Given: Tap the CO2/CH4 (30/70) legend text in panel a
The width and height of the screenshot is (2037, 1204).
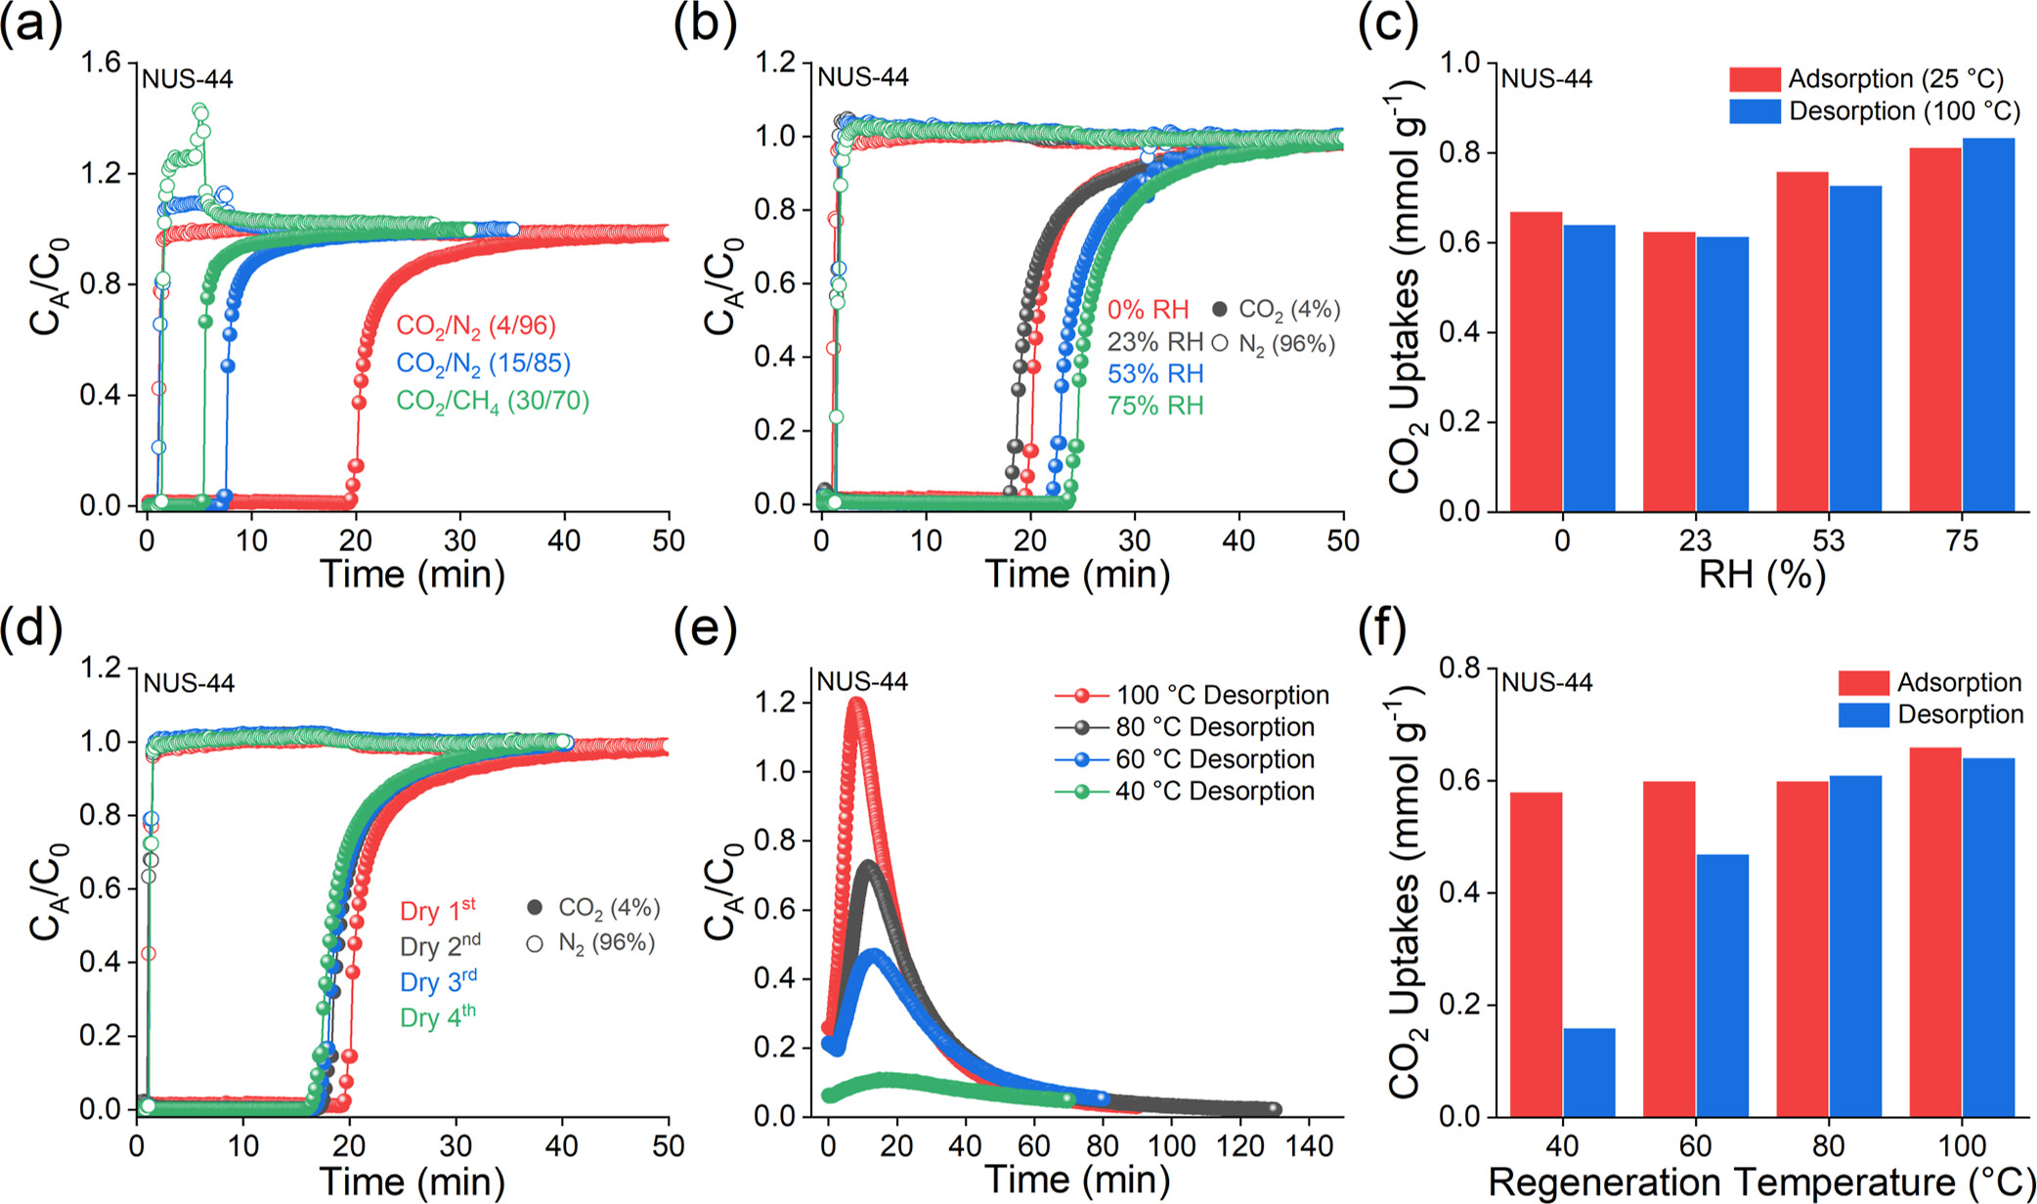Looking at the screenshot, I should (493, 401).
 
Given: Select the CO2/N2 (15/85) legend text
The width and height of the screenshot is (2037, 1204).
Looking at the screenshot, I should (483, 363).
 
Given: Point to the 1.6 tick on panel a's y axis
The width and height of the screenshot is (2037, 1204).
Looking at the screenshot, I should (101, 64).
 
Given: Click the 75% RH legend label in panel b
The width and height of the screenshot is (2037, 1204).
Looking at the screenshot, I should (1155, 406).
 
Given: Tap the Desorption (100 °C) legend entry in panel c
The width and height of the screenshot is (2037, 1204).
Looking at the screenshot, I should (1874, 111).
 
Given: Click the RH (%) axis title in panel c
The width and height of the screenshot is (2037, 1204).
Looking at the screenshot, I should (1761, 576).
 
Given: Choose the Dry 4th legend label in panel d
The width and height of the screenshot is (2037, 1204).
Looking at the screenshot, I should (438, 1016).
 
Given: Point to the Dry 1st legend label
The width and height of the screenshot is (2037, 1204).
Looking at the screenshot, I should (438, 910).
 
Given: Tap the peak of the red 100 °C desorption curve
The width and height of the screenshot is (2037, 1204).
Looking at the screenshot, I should (857, 701).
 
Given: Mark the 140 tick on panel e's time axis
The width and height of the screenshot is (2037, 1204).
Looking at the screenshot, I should (1311, 1145).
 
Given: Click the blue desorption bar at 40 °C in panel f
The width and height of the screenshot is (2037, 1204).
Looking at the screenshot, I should (1589, 1072).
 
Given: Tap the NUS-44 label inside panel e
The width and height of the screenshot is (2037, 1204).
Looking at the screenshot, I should (862, 681).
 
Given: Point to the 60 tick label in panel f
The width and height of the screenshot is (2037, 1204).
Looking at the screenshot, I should (1696, 1145).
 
